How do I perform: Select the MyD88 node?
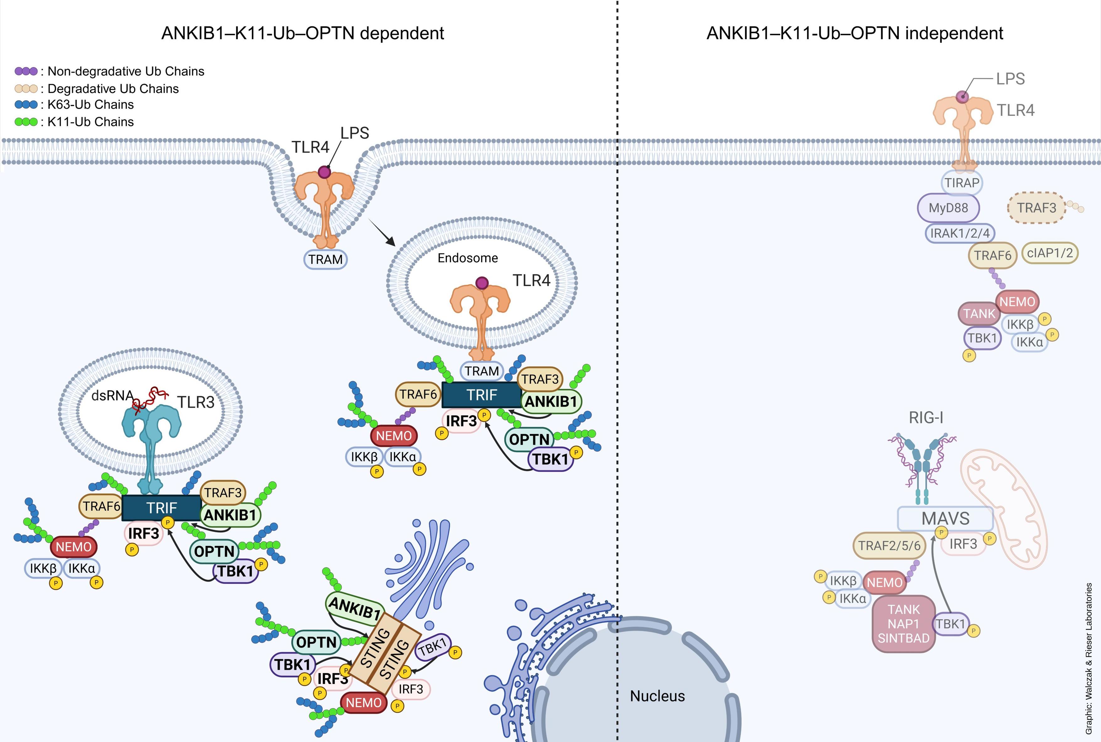tap(948, 208)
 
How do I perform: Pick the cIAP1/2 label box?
tap(1050, 253)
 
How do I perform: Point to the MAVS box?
tap(945, 519)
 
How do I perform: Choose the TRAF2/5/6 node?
tap(889, 546)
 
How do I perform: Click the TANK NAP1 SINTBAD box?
tap(903, 624)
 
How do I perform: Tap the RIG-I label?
tap(926, 418)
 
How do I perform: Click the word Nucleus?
tap(657, 696)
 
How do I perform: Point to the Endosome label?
tap(467, 258)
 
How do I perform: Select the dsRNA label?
tap(112, 395)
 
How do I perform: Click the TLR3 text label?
tap(196, 402)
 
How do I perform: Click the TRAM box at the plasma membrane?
tap(325, 259)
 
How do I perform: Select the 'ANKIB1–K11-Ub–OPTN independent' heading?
tap(855, 34)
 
